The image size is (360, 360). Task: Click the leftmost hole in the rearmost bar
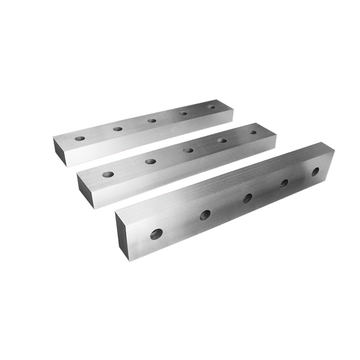pyautogui.click(x=80, y=138)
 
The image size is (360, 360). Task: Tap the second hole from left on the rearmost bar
pyautogui.click(x=117, y=129)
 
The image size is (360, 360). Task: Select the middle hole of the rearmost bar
pyautogui.click(x=152, y=120)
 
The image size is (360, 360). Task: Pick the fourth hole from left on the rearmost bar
pyautogui.click(x=184, y=113)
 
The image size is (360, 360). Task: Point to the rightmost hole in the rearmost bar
pyautogui.click(x=211, y=107)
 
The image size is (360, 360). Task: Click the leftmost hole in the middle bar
pyautogui.click(x=108, y=174)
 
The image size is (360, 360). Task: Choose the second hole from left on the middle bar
pyautogui.click(x=151, y=161)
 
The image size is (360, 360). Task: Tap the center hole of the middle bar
pyautogui.click(x=189, y=150)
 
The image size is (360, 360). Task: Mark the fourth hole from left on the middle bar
pyautogui.click(x=222, y=140)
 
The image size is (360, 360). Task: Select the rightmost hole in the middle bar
pyautogui.click(x=253, y=132)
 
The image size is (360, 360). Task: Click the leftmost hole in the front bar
pyautogui.click(x=156, y=234)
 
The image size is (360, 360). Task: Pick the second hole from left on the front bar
pyautogui.click(x=205, y=215)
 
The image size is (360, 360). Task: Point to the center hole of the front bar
pyautogui.click(x=247, y=198)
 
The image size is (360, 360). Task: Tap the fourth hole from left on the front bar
pyautogui.click(x=284, y=184)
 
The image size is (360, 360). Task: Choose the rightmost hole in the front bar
pyautogui.click(x=315, y=171)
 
